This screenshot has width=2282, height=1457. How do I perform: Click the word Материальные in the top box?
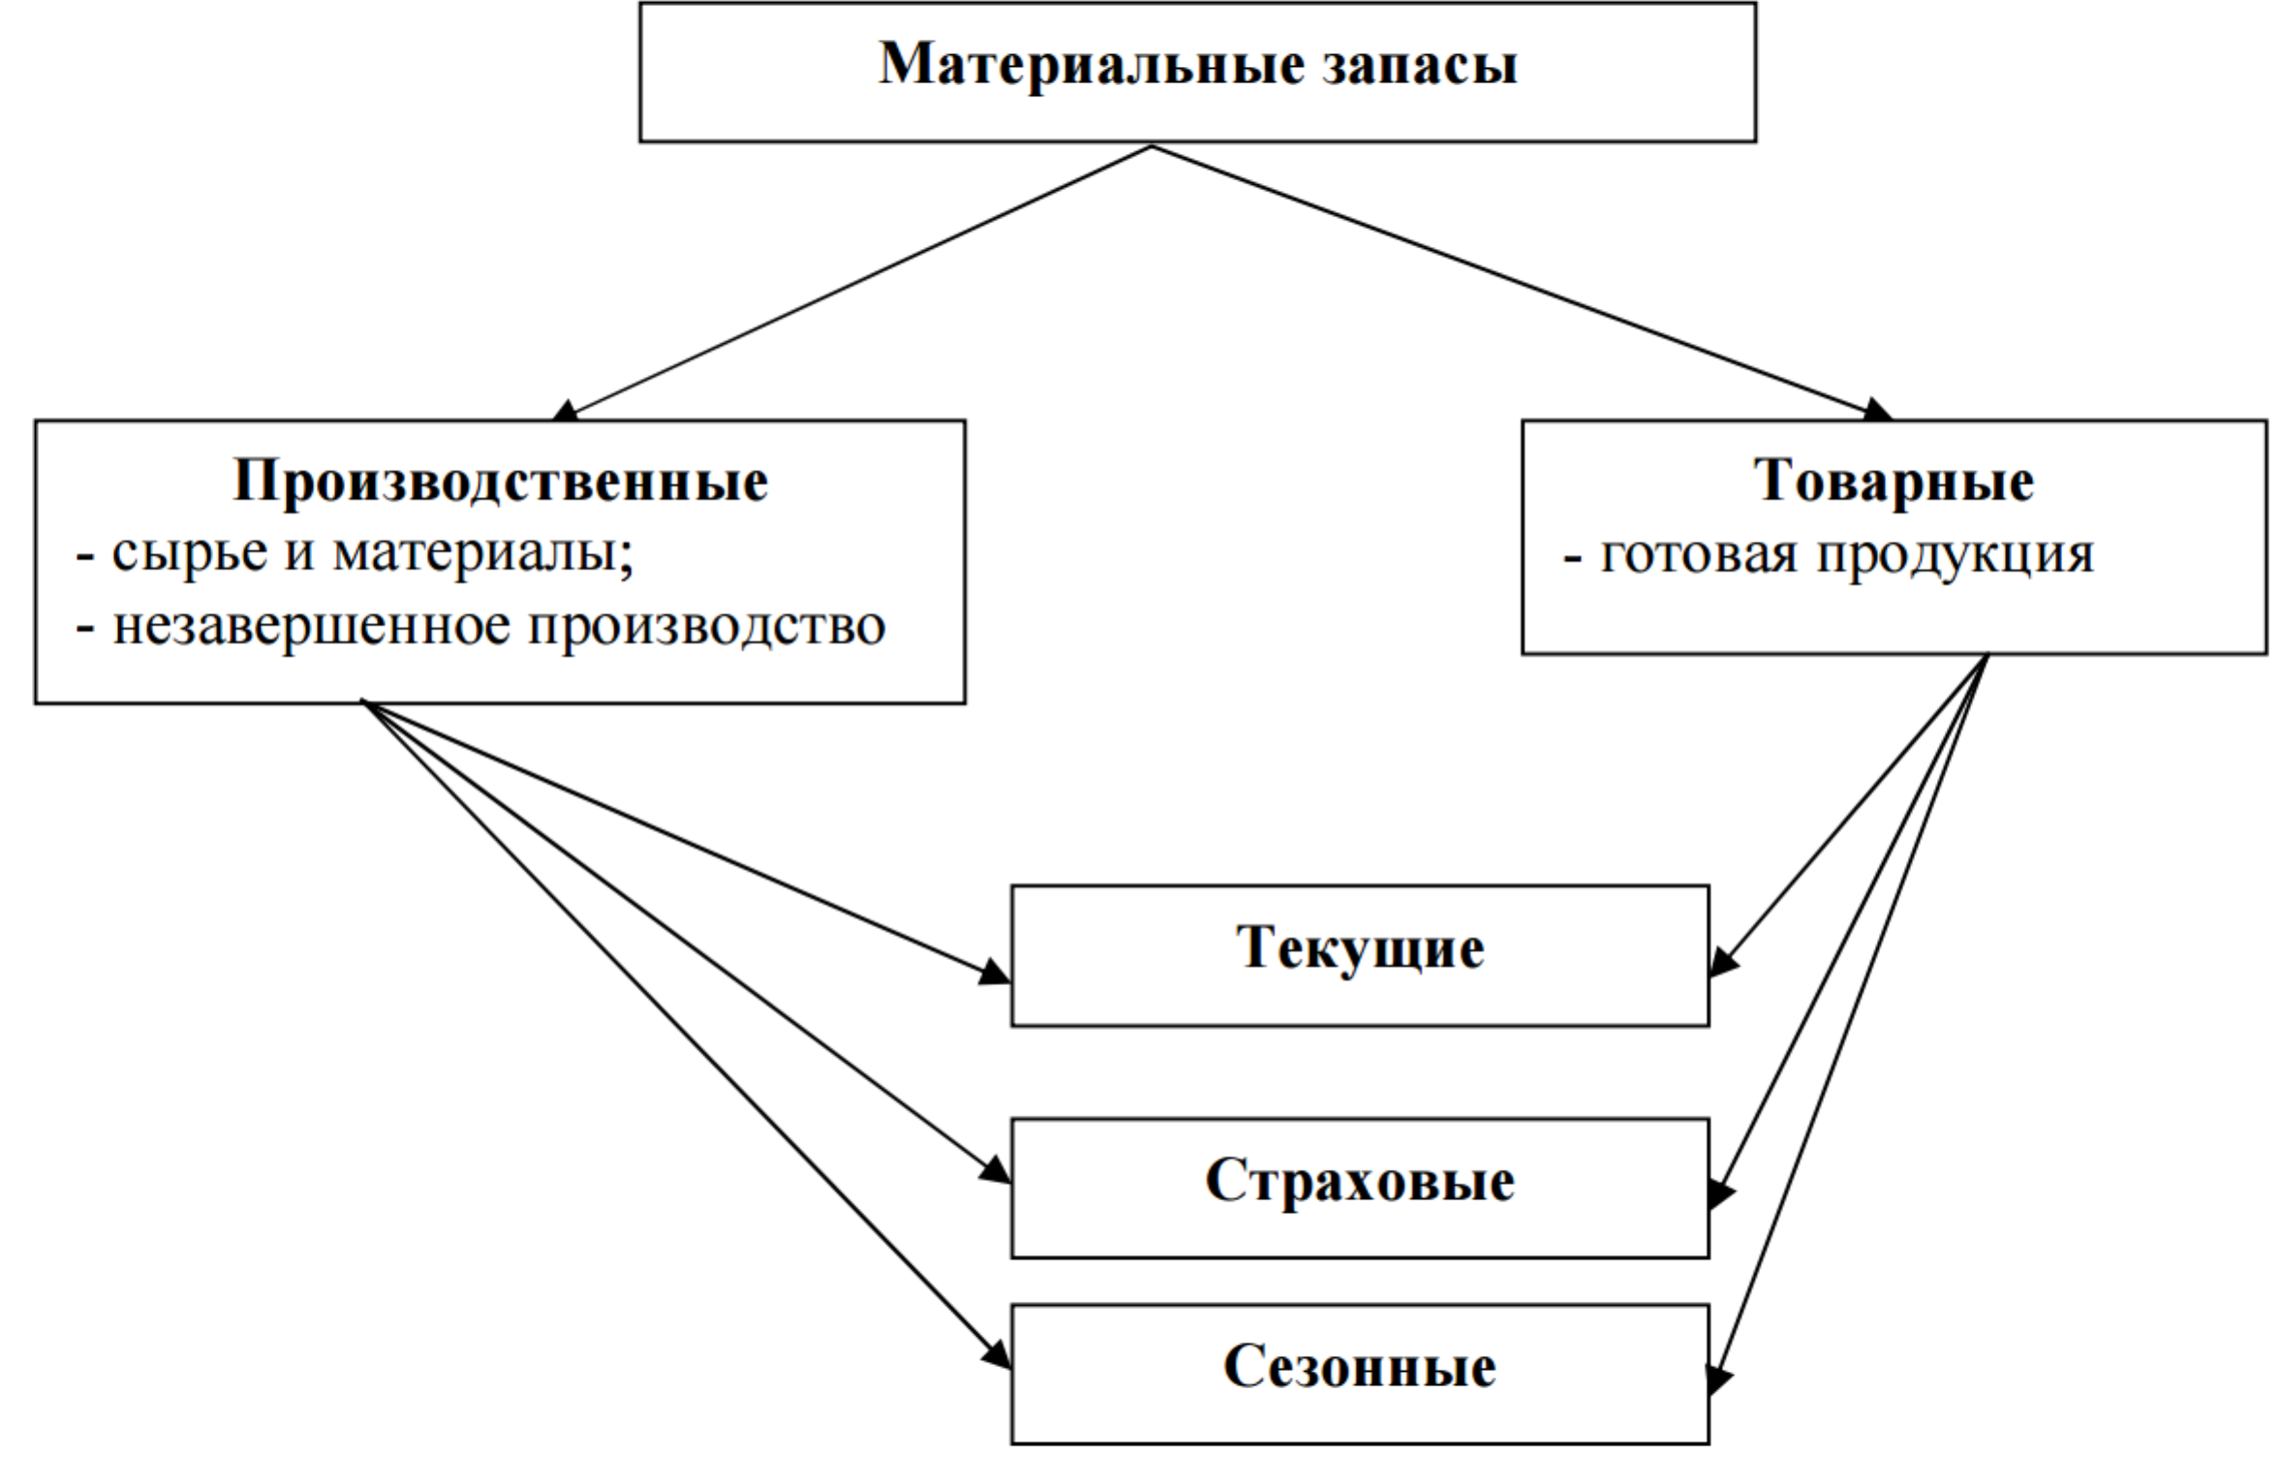coord(1091,65)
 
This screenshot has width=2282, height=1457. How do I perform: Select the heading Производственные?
coord(500,480)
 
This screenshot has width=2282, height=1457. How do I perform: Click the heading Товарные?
coord(1894,480)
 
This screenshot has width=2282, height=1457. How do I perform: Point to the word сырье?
coord(190,554)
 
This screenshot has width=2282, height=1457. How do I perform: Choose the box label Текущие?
coord(1360,947)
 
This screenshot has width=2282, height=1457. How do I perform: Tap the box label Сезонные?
coord(1360,1367)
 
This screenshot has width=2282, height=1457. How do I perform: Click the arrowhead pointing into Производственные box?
coord(565,411)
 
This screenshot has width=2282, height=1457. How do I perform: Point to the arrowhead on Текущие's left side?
coord(995,972)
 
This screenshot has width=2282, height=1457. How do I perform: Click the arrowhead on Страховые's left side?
coord(995,1169)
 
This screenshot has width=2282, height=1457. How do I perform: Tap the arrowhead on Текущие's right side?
coord(1723,962)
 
